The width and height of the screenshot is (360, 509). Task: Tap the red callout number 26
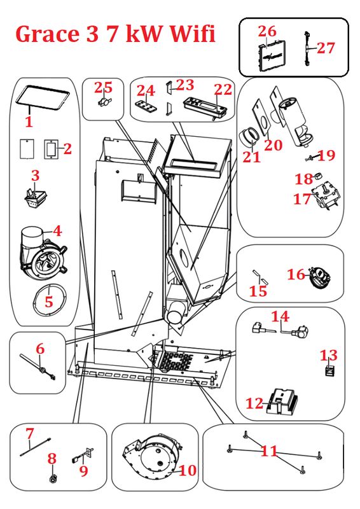[x=267, y=31]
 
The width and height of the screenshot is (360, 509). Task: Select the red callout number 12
[x=254, y=403]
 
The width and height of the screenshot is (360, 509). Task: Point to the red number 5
[x=49, y=301]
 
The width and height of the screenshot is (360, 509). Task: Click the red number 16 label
[x=296, y=275]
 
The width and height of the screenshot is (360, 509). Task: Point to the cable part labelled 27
[x=307, y=49]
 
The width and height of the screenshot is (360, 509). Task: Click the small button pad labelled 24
[x=145, y=106]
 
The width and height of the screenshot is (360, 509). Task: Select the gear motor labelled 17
[x=326, y=197]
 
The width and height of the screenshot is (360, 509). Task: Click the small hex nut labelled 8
[x=53, y=478]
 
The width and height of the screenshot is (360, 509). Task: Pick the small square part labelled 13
[x=329, y=370]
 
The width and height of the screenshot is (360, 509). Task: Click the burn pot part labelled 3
[x=35, y=197]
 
